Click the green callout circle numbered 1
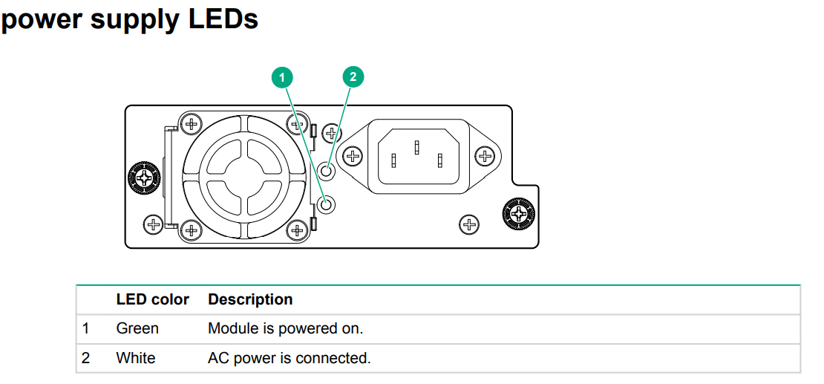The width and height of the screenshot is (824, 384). coord(282,77)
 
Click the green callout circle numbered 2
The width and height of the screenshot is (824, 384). coord(353,77)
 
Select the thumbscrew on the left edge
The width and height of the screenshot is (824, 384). coord(143,177)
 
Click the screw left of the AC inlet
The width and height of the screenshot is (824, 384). coord(353,156)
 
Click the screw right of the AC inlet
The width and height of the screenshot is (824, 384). coord(485,156)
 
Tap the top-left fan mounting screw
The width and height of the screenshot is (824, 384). coord(192,123)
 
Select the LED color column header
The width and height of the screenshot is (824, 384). coord(152,299)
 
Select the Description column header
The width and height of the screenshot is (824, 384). coord(250,299)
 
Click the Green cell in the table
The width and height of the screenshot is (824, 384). coord(137,328)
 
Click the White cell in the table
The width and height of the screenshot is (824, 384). coord(136,358)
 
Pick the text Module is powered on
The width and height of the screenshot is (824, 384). coord(285,328)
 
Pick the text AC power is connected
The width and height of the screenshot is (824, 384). coord(289,358)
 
